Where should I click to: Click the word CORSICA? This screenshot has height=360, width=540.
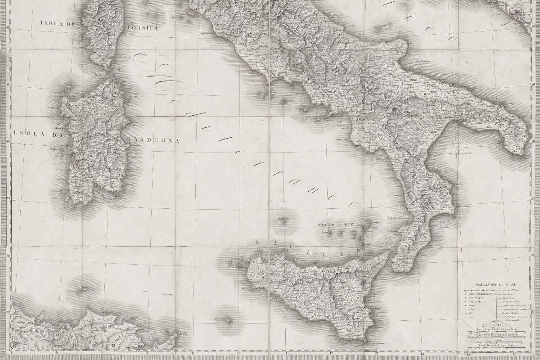point(143,28)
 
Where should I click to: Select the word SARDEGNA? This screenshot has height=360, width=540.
point(153,140)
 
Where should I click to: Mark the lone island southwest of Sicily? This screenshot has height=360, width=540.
point(229,320)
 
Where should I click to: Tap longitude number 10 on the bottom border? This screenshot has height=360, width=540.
point(239,354)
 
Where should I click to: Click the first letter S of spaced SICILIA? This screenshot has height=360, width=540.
point(257,243)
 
